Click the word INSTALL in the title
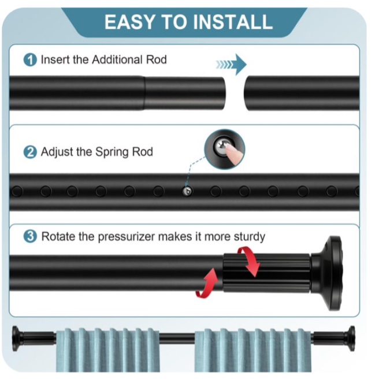pos(233,22)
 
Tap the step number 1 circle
pos(30,60)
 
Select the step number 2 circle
pos(30,152)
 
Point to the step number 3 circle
pos(30,236)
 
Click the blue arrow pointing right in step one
pos(231,64)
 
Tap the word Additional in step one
pos(117,59)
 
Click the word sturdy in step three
pos(250,237)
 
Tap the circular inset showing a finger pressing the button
pos(225,149)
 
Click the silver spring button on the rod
pos(187,191)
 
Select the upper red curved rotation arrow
pos(249,261)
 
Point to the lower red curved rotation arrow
pos(207,283)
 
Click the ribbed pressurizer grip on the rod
pos(266,273)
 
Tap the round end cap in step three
pos(332,273)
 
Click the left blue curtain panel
pos(108,350)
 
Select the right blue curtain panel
pos(252,350)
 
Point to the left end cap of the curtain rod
pos(16,338)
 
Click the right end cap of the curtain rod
pos(351,338)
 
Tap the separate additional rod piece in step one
pos(302,93)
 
